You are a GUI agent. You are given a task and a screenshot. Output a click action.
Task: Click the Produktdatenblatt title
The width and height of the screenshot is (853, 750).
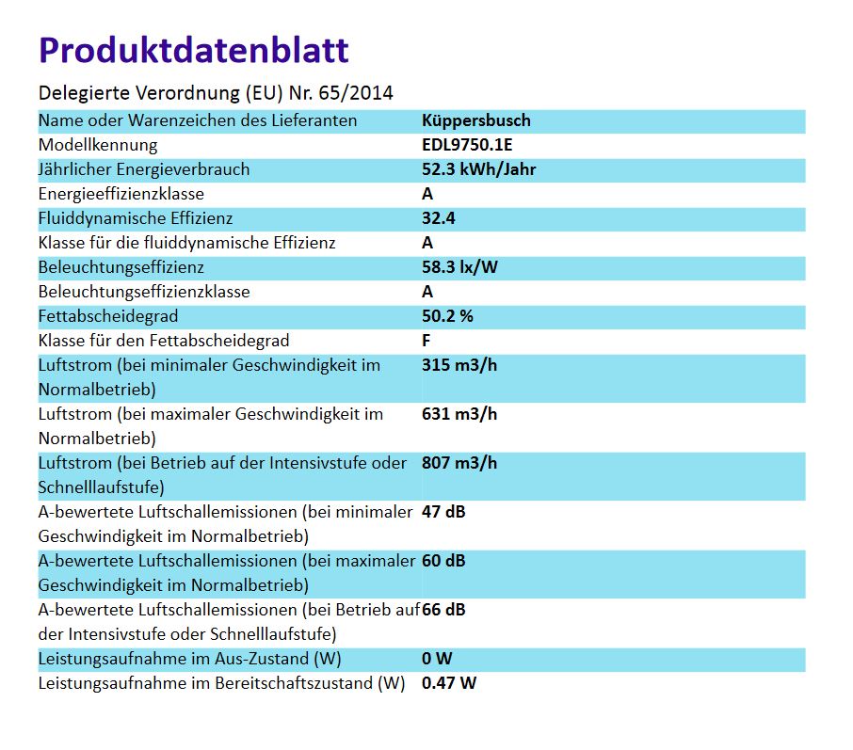click(193, 50)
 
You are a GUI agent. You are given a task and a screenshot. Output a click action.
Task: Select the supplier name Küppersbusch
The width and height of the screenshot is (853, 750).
click(476, 120)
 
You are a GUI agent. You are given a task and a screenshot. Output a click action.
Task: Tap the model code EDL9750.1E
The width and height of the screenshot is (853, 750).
click(467, 145)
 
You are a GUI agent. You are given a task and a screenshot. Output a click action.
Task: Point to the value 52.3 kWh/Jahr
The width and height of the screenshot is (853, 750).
click(479, 169)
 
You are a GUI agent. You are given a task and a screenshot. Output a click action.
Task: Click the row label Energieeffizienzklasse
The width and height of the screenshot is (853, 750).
click(121, 194)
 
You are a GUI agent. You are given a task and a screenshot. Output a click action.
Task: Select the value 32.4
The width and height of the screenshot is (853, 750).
click(440, 218)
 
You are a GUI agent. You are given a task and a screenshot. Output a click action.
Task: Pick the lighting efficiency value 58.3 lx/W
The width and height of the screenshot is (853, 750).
click(460, 267)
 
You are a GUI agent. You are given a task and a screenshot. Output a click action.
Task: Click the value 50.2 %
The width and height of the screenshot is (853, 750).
click(448, 316)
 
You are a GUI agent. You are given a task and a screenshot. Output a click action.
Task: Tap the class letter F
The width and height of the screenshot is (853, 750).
click(427, 341)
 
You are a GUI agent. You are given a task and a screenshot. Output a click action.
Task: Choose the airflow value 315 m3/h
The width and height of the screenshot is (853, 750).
click(459, 365)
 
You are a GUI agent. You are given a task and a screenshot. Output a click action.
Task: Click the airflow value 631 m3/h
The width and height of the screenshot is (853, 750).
click(459, 414)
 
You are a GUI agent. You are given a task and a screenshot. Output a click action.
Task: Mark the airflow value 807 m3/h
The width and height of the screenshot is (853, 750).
click(459, 463)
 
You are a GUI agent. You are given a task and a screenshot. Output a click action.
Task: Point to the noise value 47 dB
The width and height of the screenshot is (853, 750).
click(444, 512)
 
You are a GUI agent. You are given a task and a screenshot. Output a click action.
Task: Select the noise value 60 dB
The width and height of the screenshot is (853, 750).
click(444, 561)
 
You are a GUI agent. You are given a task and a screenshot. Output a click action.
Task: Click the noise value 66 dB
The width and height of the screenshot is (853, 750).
click(444, 610)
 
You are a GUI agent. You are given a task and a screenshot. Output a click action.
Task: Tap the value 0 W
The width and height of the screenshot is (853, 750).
click(439, 659)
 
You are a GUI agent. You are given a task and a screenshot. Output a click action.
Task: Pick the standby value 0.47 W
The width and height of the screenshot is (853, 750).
click(450, 683)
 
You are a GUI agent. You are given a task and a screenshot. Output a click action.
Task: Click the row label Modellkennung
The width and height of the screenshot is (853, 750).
click(98, 145)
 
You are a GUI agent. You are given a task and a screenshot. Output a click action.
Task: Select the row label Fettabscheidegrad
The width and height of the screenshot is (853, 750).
click(108, 316)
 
